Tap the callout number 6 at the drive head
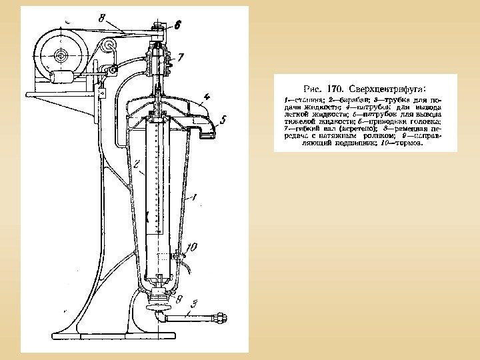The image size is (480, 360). (x=177, y=27)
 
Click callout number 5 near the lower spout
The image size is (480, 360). (x=223, y=121)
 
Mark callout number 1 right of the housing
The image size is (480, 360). (x=193, y=197)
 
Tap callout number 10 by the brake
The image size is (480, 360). (x=191, y=247)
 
